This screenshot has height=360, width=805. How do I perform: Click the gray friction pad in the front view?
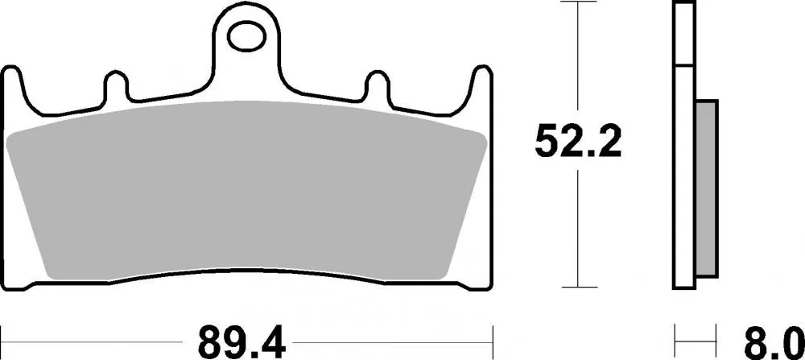246,189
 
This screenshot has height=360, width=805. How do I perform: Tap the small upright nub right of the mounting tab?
378,84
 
